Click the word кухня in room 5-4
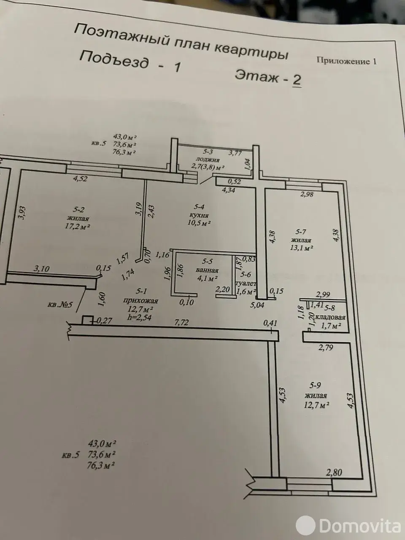tap(199, 215)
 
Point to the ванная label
tap(207, 270)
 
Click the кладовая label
tap(330, 317)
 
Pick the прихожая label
tap(140, 300)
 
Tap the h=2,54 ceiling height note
tap(139, 317)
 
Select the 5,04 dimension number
tap(257, 305)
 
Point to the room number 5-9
tap(315, 385)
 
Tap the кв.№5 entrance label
tap(60, 305)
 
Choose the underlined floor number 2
tap(297, 81)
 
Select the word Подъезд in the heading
tap(114, 60)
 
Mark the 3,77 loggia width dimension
tap(235, 153)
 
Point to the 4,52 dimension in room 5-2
tap(80, 178)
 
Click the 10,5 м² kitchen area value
tap(199, 223)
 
